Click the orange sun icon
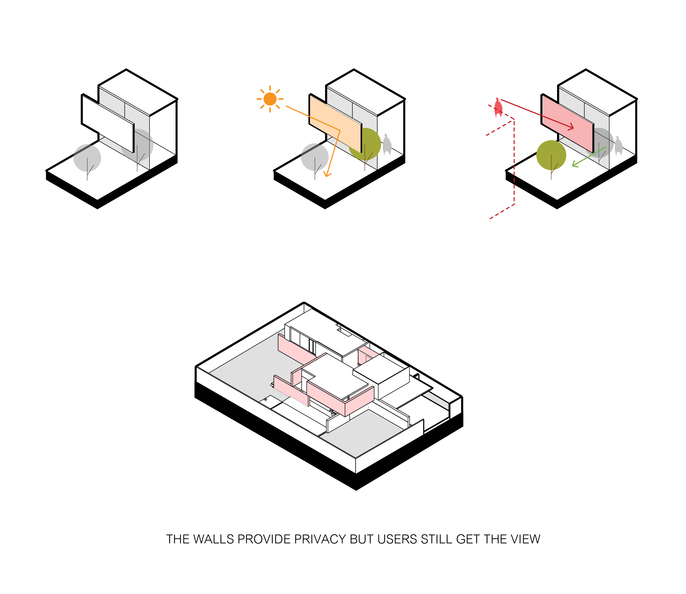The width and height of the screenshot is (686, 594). point(270,99)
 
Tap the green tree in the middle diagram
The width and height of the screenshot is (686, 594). point(365,145)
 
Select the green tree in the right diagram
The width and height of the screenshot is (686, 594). point(551,156)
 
